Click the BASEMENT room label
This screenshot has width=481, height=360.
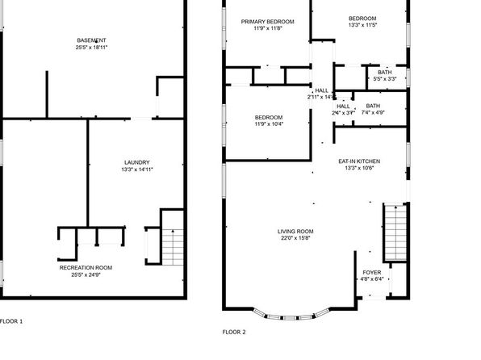tap(91, 40)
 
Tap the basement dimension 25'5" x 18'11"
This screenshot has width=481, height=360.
tap(91, 48)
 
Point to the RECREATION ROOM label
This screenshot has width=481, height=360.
tap(86, 267)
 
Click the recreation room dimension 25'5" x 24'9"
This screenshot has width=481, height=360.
tap(86, 275)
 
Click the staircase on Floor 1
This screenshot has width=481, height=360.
tap(173, 245)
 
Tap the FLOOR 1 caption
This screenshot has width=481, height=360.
tap(11, 322)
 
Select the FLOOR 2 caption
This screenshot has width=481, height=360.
tap(234, 332)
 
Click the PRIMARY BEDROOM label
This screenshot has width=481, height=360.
tap(267, 21)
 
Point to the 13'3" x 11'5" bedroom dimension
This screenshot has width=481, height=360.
tap(362, 26)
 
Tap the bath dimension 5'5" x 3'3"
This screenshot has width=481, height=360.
tap(385, 79)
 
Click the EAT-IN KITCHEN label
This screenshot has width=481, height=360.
tap(359, 161)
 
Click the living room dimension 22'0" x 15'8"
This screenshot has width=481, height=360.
tap(296, 239)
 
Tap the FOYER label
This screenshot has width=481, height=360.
tap(372, 273)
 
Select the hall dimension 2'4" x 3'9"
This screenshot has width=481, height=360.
tap(344, 113)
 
